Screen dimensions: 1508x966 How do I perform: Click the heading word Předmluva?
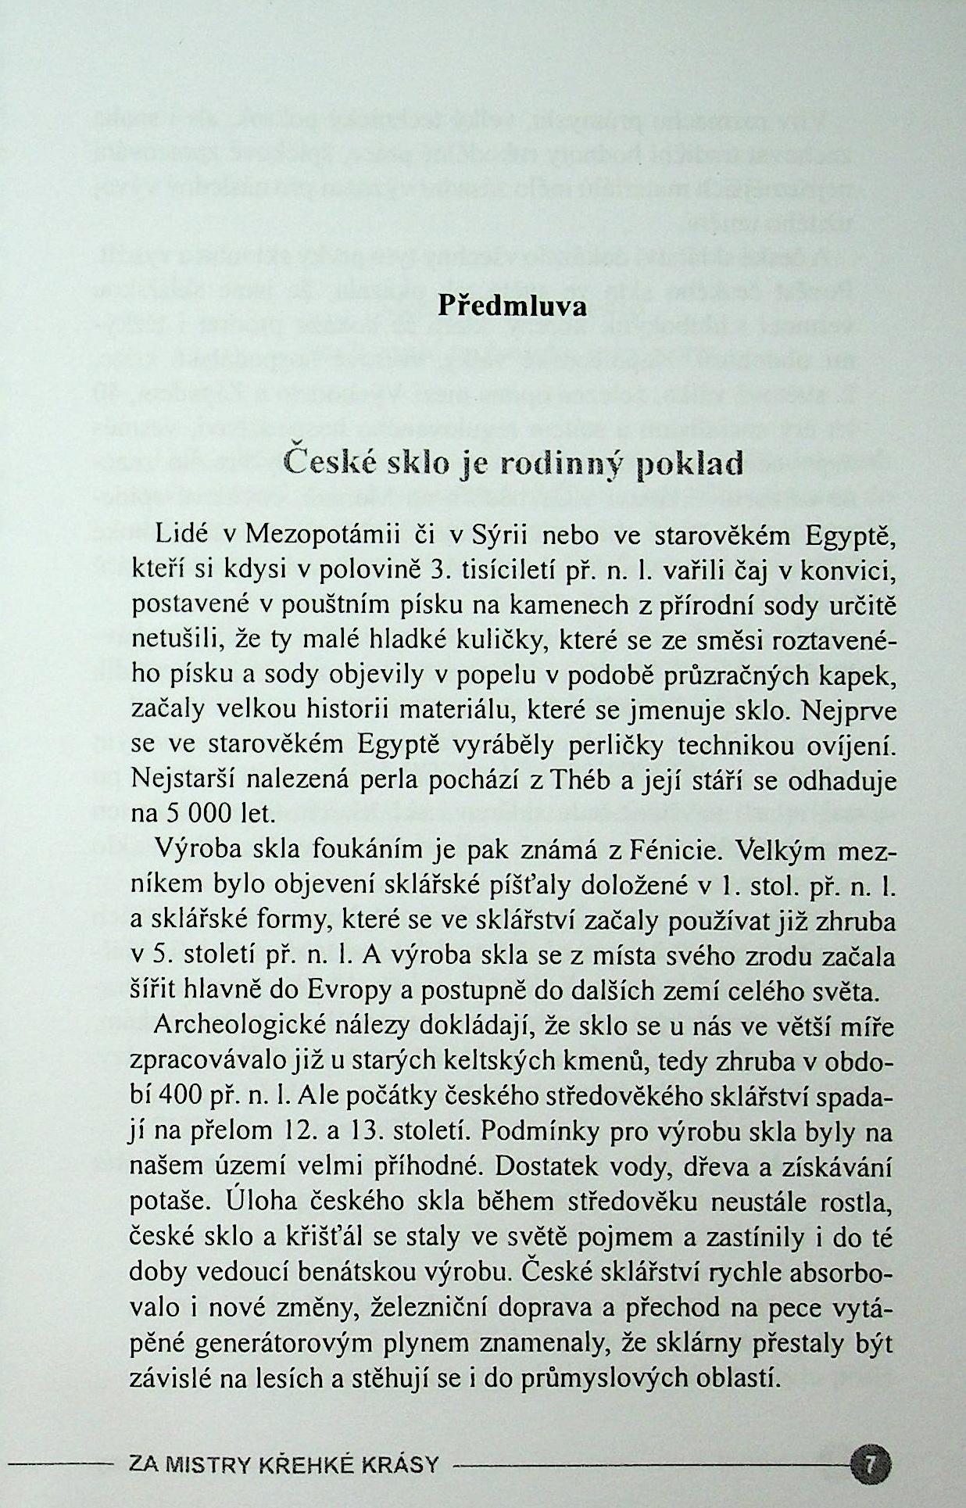512,305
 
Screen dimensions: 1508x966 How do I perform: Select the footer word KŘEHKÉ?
320,1463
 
